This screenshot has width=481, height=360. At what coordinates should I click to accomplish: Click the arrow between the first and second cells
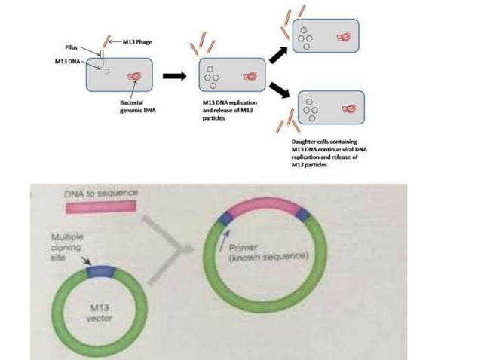(174, 75)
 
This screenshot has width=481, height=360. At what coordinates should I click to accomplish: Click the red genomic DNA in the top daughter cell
(345, 35)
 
